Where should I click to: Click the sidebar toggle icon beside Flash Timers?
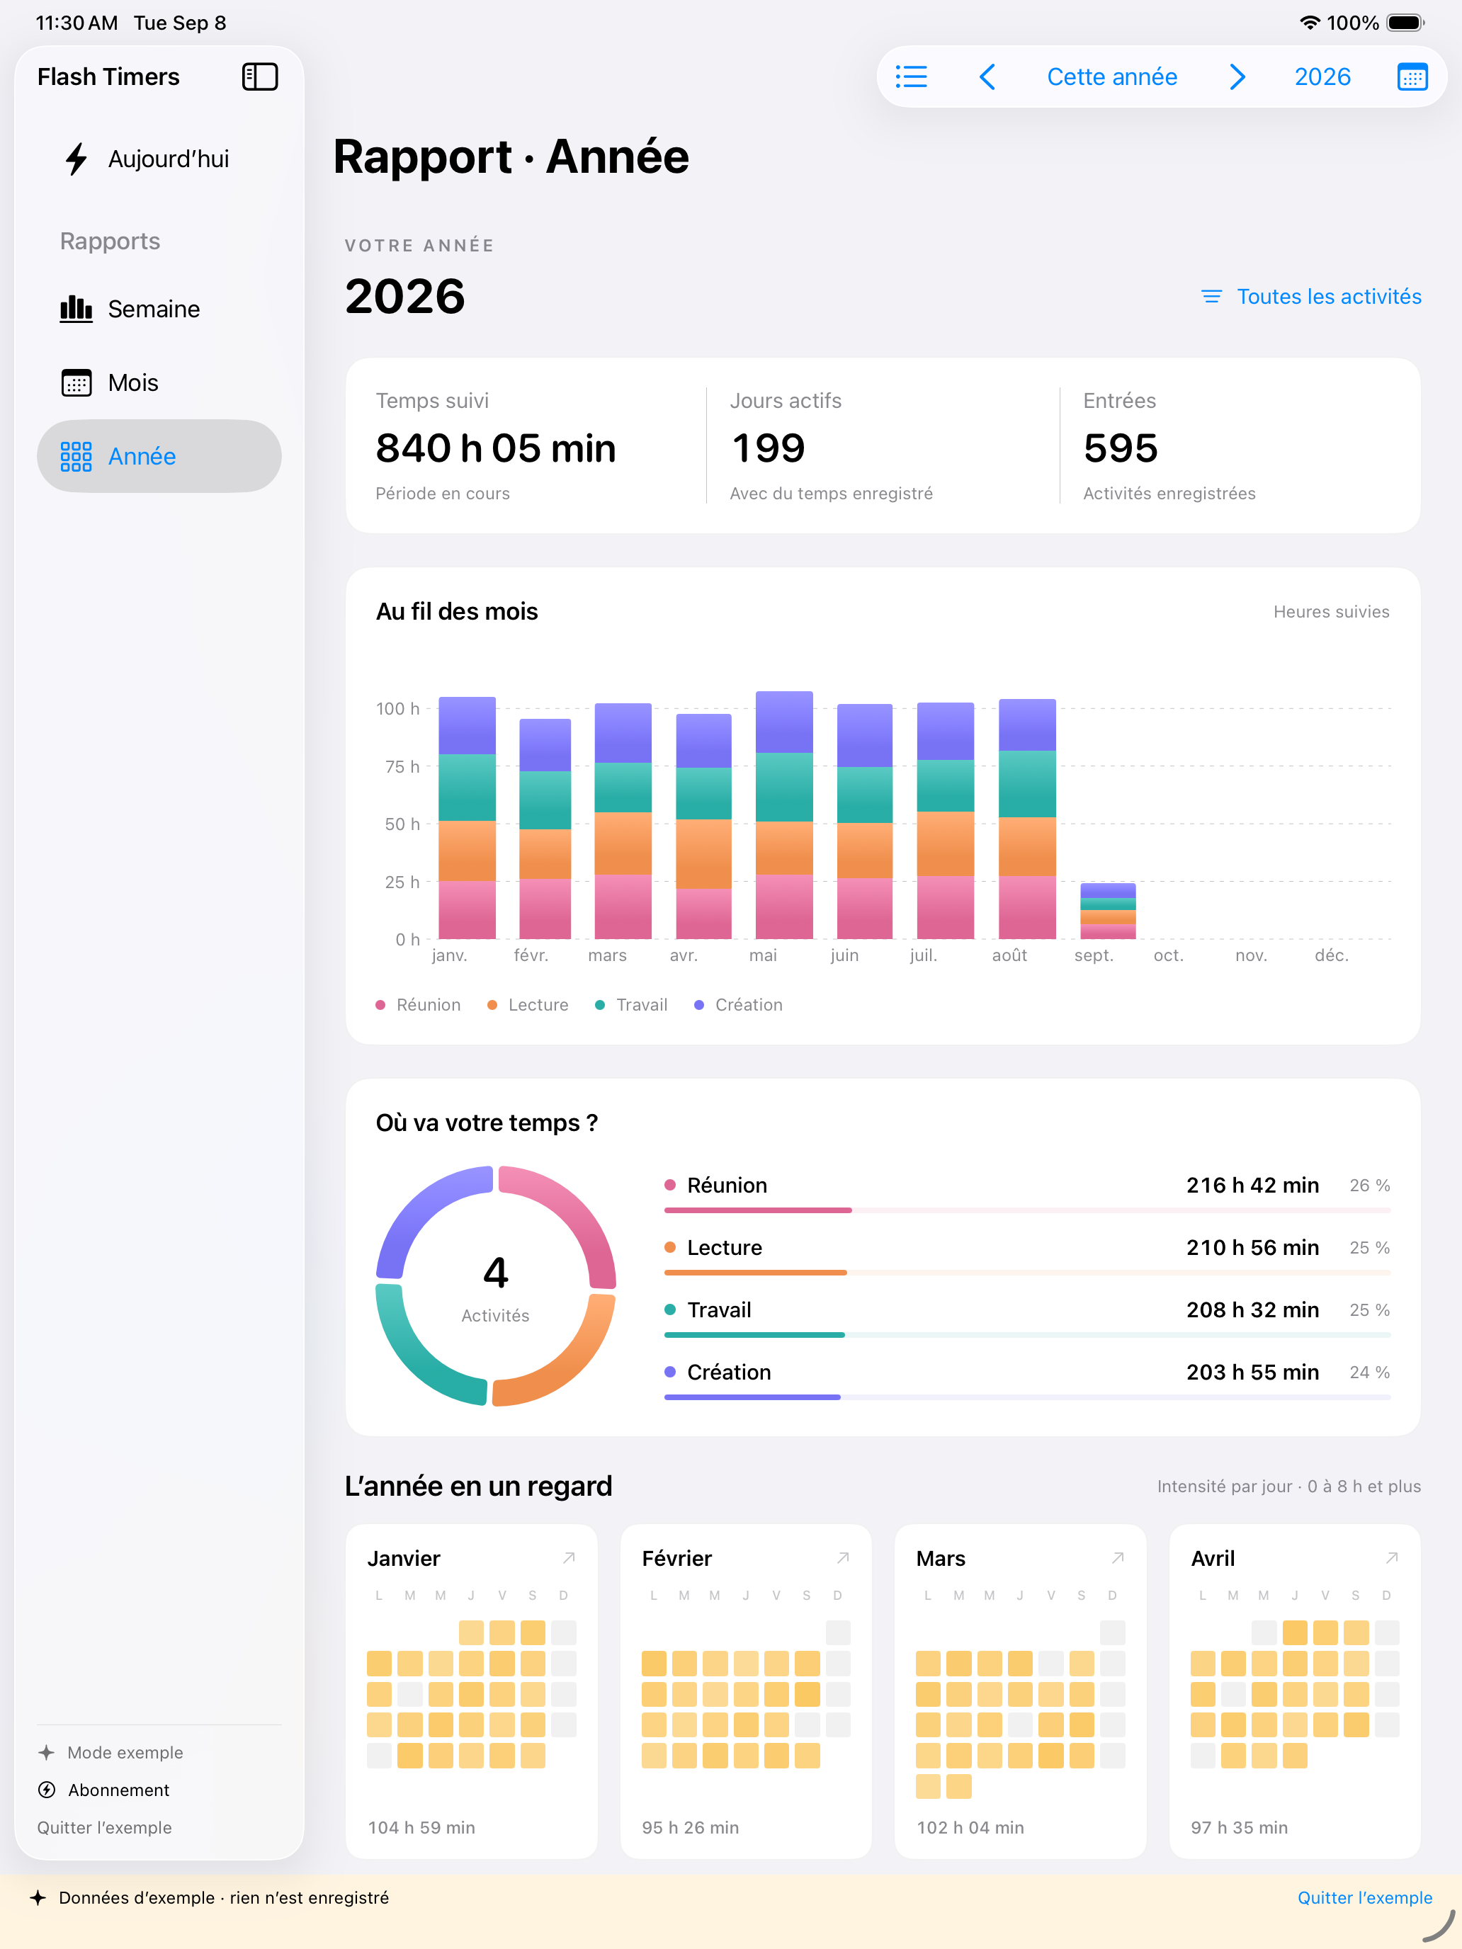click(x=260, y=76)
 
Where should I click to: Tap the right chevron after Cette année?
click(x=1237, y=76)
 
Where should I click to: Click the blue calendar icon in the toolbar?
click(x=1412, y=76)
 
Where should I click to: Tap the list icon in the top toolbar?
click(x=911, y=76)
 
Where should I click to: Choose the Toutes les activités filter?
click(x=1311, y=297)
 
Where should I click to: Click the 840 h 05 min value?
click(x=495, y=448)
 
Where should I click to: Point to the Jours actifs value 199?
click(x=769, y=448)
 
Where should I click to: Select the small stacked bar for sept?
click(x=1108, y=911)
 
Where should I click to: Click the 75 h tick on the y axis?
click(x=402, y=766)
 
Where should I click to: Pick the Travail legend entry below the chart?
click(x=631, y=1006)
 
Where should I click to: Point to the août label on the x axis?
click(x=1009, y=956)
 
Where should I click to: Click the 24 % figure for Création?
click(x=1369, y=1373)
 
